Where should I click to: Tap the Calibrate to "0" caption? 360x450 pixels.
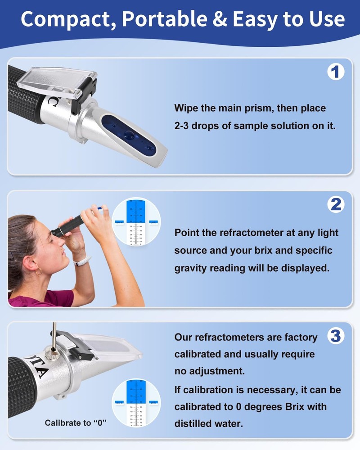[x=76, y=423]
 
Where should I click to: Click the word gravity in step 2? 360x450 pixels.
[x=191, y=268]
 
